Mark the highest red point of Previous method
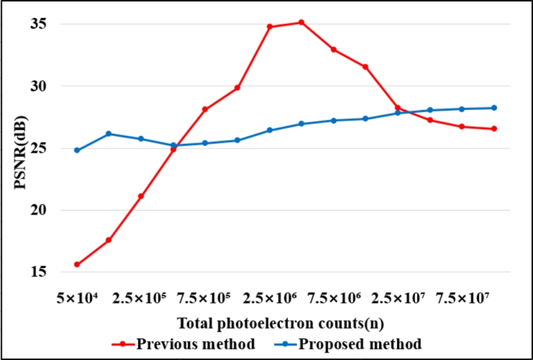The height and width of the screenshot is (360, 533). (301, 23)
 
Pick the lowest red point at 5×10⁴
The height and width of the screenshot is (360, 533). (77, 265)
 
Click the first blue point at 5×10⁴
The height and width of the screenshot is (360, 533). (77, 150)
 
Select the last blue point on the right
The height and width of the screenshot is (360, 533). (494, 108)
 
